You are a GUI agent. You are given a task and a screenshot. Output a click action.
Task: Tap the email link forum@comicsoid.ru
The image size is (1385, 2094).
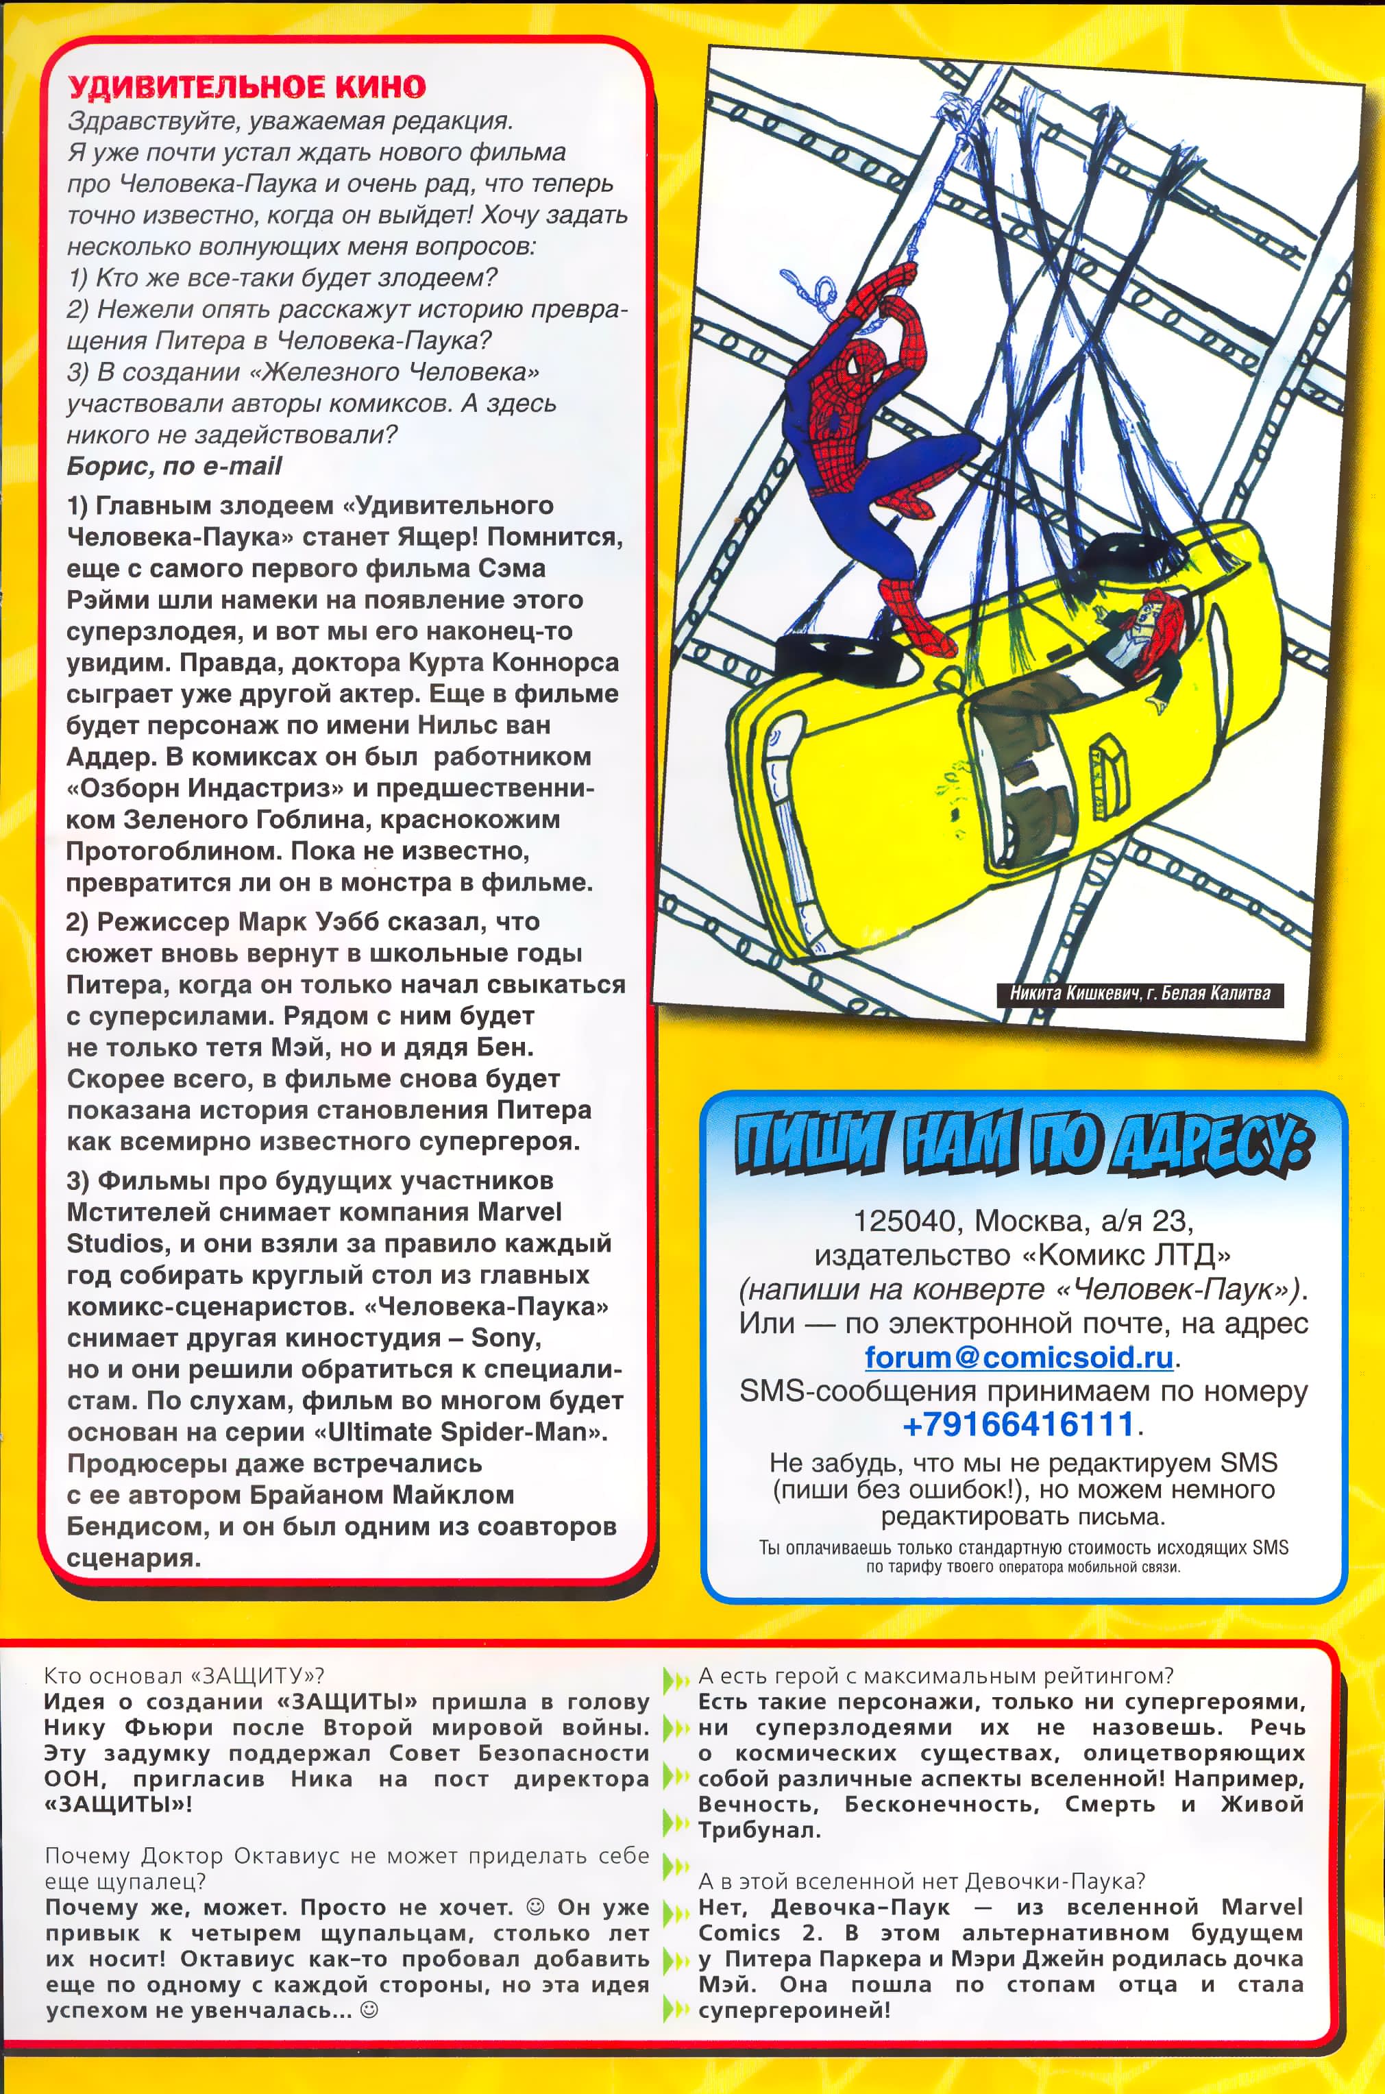(x=1018, y=1356)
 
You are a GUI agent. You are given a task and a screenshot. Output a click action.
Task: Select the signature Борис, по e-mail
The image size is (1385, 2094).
(x=174, y=467)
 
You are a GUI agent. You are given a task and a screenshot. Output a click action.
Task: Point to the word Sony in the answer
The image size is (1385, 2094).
(x=504, y=1338)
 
